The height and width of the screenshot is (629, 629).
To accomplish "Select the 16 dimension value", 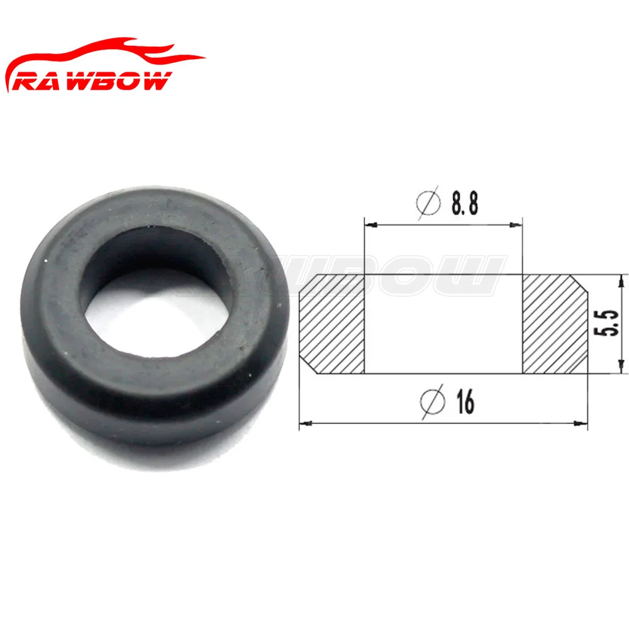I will tap(464, 403).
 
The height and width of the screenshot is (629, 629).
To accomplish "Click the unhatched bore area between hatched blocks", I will tap(443, 324).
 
